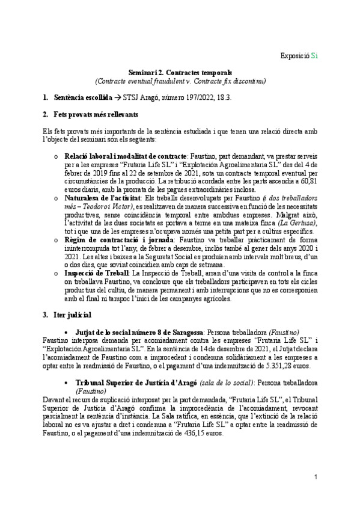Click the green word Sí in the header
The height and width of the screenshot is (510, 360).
315,56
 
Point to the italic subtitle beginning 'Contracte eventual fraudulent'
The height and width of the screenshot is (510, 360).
180,81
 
